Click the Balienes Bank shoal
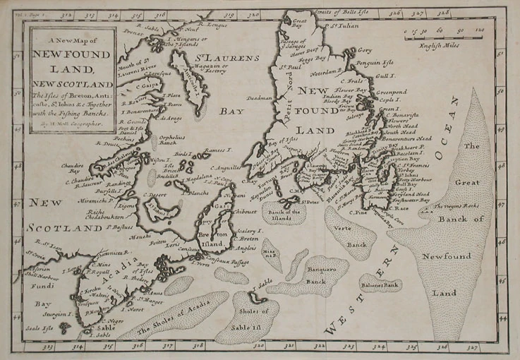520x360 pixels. click(x=382, y=284)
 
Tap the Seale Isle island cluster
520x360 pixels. click(x=65, y=327)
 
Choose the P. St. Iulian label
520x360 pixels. click(x=339, y=25)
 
